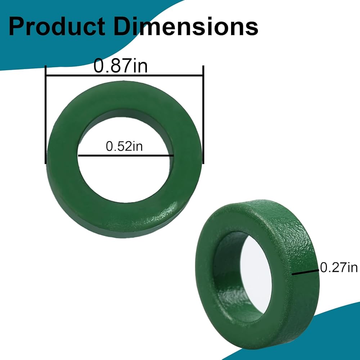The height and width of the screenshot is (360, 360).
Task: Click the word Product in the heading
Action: (x=57, y=27)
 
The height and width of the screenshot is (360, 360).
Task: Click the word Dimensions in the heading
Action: (x=186, y=27)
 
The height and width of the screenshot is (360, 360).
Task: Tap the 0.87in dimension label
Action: (x=121, y=66)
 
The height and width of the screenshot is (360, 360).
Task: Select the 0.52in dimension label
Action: (x=124, y=146)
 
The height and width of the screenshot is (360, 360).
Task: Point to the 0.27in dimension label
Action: (x=339, y=267)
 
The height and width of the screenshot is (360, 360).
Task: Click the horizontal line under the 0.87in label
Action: (x=125, y=75)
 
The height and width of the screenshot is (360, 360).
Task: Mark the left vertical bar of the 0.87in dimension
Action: (x=46, y=114)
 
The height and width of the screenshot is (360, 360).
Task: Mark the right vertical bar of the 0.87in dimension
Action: (x=203, y=114)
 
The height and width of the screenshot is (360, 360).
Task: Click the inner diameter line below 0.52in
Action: (x=126, y=156)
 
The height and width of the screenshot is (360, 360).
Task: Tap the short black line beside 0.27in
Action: (x=305, y=272)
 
